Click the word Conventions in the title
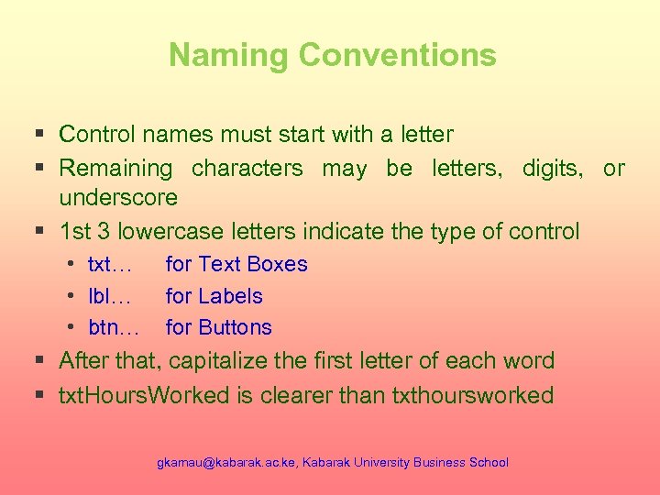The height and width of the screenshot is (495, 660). click(x=397, y=55)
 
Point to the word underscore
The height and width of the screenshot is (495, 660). click(x=118, y=197)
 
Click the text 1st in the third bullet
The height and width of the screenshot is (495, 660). click(x=75, y=231)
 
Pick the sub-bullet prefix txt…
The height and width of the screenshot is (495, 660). click(x=110, y=265)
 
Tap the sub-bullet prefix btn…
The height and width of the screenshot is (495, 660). click(x=114, y=327)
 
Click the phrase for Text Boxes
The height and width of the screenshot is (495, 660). click(x=236, y=265)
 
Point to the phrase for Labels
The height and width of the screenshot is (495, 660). click(x=214, y=296)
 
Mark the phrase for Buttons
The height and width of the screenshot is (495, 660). click(x=218, y=327)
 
